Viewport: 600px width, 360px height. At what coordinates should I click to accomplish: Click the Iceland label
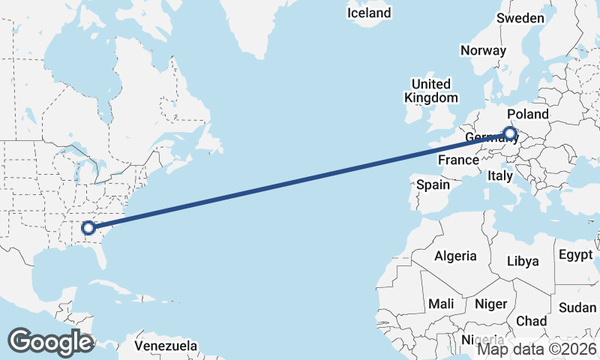click(x=369, y=13)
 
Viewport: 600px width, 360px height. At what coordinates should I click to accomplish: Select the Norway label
click(x=483, y=50)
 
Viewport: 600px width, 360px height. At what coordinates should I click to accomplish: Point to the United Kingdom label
click(x=431, y=91)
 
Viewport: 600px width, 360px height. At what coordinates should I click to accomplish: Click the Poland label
click(x=528, y=114)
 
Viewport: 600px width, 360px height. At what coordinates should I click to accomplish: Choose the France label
click(x=458, y=160)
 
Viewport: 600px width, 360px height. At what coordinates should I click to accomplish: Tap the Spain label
click(x=433, y=184)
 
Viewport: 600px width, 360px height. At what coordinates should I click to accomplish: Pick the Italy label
click(x=499, y=175)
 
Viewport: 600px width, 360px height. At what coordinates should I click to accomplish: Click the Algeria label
click(x=454, y=256)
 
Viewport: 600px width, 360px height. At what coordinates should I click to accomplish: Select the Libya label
click(x=523, y=261)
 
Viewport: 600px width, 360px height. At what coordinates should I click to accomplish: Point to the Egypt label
click(x=576, y=254)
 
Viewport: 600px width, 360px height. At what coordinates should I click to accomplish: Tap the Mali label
click(x=441, y=304)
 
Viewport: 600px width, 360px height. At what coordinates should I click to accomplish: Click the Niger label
click(x=491, y=304)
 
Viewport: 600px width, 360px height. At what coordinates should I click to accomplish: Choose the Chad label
click(x=532, y=320)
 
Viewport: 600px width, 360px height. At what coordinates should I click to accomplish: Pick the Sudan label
click(x=577, y=307)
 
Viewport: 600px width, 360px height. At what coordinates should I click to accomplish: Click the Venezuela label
click(x=166, y=346)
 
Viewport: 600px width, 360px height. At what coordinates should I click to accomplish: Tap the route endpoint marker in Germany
click(x=510, y=134)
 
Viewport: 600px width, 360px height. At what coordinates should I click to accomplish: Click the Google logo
click(x=50, y=341)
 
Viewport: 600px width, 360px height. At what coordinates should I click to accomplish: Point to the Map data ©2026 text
click(x=537, y=349)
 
